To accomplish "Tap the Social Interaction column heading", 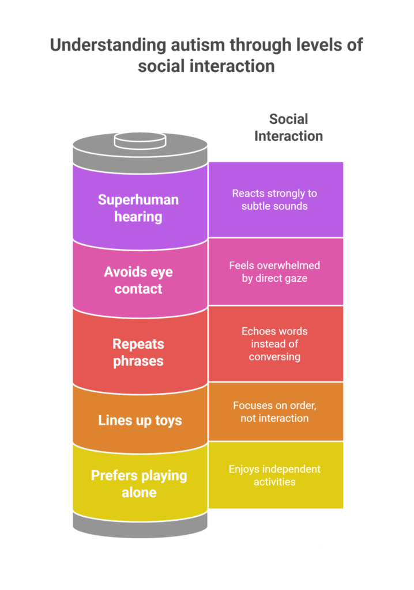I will (x=288, y=127).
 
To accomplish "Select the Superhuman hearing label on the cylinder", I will (x=138, y=208).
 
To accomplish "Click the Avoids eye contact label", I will (x=138, y=280).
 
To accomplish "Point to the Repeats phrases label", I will (x=138, y=352).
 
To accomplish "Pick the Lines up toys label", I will (x=140, y=420).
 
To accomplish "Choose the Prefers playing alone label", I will (x=139, y=483).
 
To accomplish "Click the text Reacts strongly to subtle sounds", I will (x=274, y=199).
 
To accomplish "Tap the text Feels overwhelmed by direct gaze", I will (x=274, y=271).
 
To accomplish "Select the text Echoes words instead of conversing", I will (x=274, y=344).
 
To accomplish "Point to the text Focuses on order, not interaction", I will (x=274, y=411).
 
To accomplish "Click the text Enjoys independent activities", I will (x=274, y=475).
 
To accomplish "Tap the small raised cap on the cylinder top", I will (x=140, y=140).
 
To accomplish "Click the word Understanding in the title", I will (x=100, y=46).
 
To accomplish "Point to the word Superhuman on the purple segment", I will (x=138, y=200).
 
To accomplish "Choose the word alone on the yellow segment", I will (x=139, y=492).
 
